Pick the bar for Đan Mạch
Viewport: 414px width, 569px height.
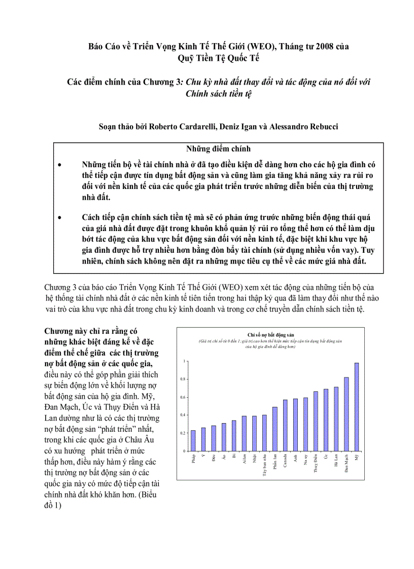(347, 414)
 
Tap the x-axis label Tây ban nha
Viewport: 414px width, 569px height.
(265, 465)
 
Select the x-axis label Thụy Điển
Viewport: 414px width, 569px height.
(316, 464)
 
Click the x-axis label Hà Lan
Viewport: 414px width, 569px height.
(336, 461)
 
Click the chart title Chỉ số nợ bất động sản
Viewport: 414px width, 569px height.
(271, 335)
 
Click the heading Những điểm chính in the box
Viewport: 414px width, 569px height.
(218, 149)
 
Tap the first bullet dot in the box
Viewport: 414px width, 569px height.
(60, 165)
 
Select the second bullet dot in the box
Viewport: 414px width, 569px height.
(60, 218)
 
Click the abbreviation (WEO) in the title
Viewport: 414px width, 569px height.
(275, 46)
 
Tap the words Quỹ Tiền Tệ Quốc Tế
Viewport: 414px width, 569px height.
(218, 58)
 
